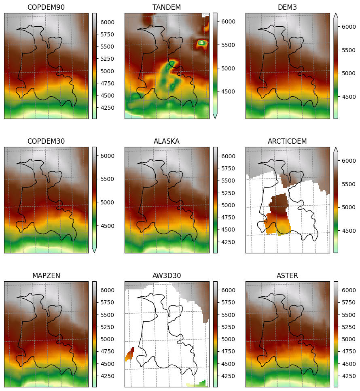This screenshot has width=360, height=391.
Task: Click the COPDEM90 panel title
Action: (46, 7)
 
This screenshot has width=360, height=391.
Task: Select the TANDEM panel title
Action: (167, 7)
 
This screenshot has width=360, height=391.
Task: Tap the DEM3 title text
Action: (287, 7)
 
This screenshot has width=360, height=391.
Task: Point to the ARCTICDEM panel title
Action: (287, 141)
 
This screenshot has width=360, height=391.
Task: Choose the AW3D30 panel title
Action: (167, 276)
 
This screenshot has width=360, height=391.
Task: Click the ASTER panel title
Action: (287, 276)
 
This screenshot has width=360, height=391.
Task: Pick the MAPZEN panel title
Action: (46, 276)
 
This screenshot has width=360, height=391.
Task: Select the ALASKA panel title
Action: (167, 141)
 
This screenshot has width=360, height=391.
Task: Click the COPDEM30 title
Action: (46, 141)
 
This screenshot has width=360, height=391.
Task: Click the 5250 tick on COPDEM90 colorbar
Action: (107, 59)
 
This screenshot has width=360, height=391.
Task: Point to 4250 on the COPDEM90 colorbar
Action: (107, 108)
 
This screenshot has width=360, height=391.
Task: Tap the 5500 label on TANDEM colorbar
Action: (228, 45)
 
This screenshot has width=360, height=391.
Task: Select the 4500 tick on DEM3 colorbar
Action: (349, 97)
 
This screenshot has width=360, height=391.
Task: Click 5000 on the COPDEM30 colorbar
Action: (107, 202)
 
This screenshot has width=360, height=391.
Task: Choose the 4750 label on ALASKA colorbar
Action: (228, 217)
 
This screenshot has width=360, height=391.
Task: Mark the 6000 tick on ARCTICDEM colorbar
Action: (349, 161)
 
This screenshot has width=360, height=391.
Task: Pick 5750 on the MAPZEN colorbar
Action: (107, 302)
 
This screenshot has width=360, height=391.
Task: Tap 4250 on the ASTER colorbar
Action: (349, 376)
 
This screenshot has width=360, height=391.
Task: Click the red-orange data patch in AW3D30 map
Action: (130, 354)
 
